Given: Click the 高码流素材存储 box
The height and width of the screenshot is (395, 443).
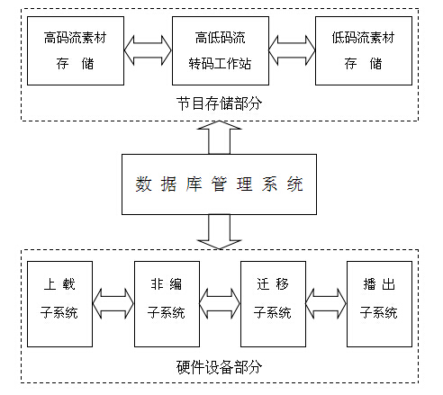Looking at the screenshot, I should (74, 50).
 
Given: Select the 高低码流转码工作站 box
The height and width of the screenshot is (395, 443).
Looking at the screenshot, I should (220, 50).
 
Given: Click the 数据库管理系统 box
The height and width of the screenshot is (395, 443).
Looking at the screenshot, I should (220, 184).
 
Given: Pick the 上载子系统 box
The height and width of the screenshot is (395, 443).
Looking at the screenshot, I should (60, 303).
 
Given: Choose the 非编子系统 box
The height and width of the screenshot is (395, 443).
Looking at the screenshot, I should (167, 303).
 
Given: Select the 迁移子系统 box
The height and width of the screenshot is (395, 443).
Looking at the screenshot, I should (273, 303).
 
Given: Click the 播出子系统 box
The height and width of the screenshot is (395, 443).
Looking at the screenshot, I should (379, 303).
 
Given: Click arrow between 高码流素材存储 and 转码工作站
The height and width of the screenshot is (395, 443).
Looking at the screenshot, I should (147, 50).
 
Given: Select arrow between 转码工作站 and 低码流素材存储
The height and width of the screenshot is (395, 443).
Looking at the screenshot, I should (291, 50).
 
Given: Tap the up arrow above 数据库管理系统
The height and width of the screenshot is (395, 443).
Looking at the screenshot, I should (220, 138).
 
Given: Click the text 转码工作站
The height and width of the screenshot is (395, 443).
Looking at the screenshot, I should (220, 64).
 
